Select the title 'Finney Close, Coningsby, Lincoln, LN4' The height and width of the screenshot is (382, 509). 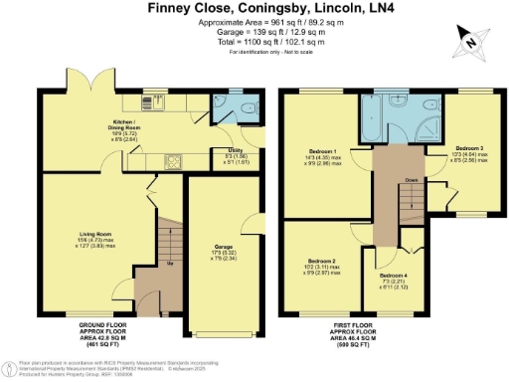pyautogui.click(x=254, y=8)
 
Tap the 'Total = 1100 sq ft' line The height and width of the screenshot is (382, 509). pyautogui.click(x=254, y=43)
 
